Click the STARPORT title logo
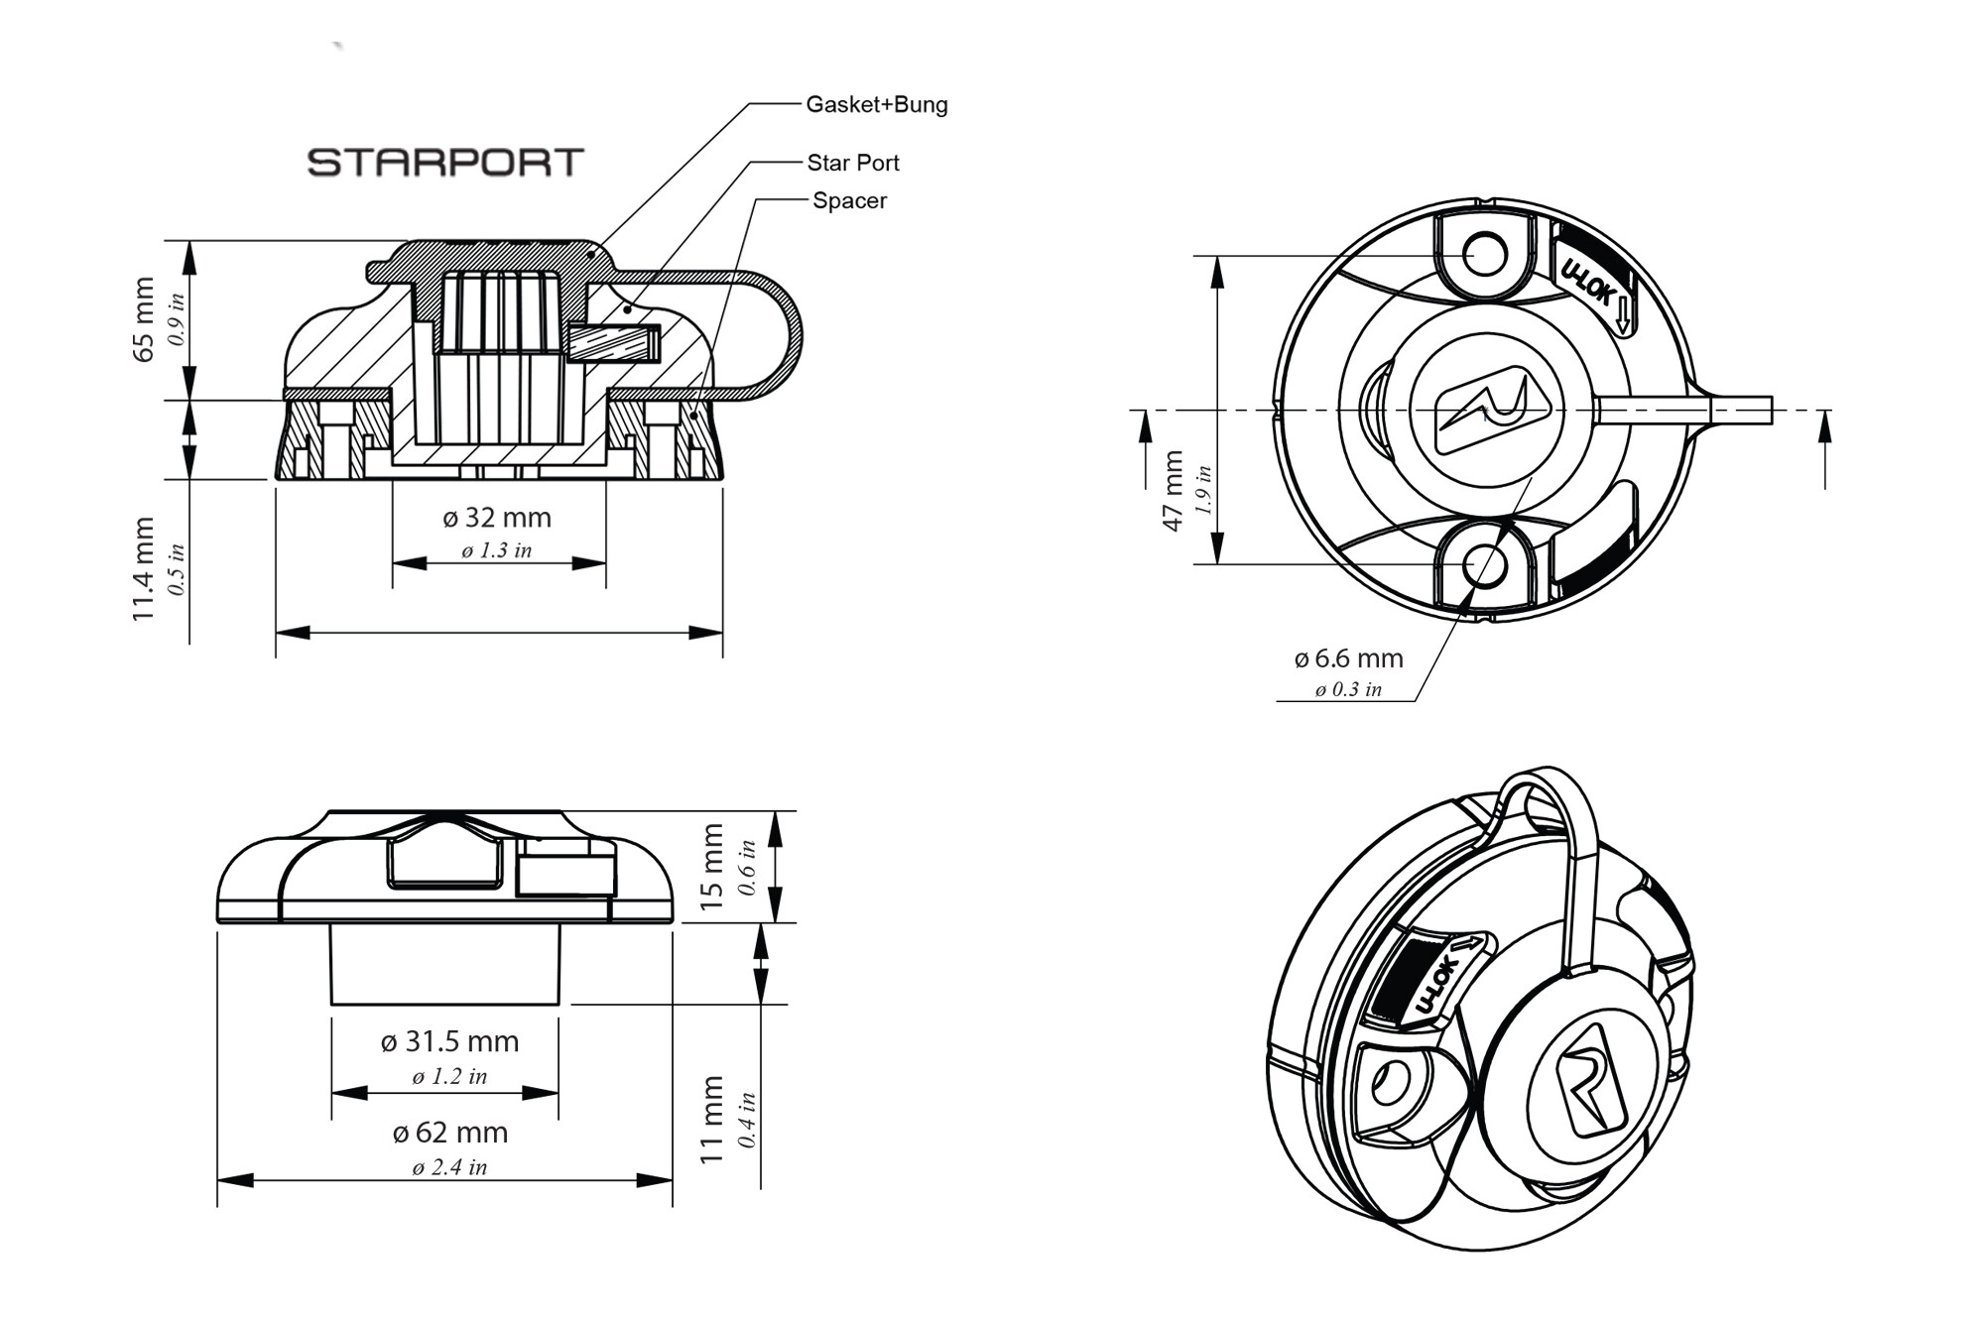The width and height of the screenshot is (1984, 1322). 445,163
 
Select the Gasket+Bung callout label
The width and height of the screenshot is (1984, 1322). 876,104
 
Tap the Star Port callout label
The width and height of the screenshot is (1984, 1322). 852,163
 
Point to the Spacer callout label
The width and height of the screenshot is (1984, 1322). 849,200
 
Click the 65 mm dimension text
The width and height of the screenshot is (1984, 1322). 144,319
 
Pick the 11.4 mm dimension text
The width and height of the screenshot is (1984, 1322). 144,568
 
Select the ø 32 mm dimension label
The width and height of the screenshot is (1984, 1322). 496,518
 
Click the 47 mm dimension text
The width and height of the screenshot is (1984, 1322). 1174,491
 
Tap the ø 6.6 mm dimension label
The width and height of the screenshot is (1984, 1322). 1348,659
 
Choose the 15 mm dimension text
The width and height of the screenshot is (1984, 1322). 712,867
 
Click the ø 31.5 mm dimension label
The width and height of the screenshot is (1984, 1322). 449,1041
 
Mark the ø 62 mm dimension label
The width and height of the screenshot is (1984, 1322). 449,1133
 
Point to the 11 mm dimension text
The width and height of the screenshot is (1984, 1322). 712,1120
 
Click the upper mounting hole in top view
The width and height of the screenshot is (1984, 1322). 1485,254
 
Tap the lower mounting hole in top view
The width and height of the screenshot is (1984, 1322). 1485,566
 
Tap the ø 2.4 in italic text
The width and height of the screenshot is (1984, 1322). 449,1167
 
